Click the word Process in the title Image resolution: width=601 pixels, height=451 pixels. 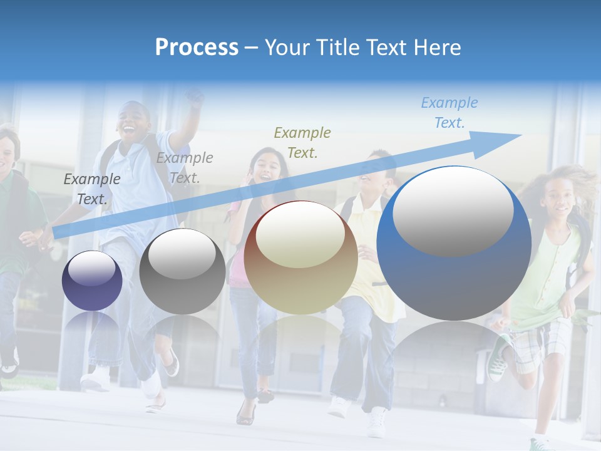197,47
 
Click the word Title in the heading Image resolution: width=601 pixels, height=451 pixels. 339,47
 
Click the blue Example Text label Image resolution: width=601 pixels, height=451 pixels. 449,113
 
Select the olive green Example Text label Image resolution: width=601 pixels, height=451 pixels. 302,142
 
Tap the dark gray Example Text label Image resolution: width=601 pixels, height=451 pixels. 92,189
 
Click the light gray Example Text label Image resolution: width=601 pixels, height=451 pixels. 185,167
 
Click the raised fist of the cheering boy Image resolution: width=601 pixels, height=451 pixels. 195,98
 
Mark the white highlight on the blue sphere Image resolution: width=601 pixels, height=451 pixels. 453,210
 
